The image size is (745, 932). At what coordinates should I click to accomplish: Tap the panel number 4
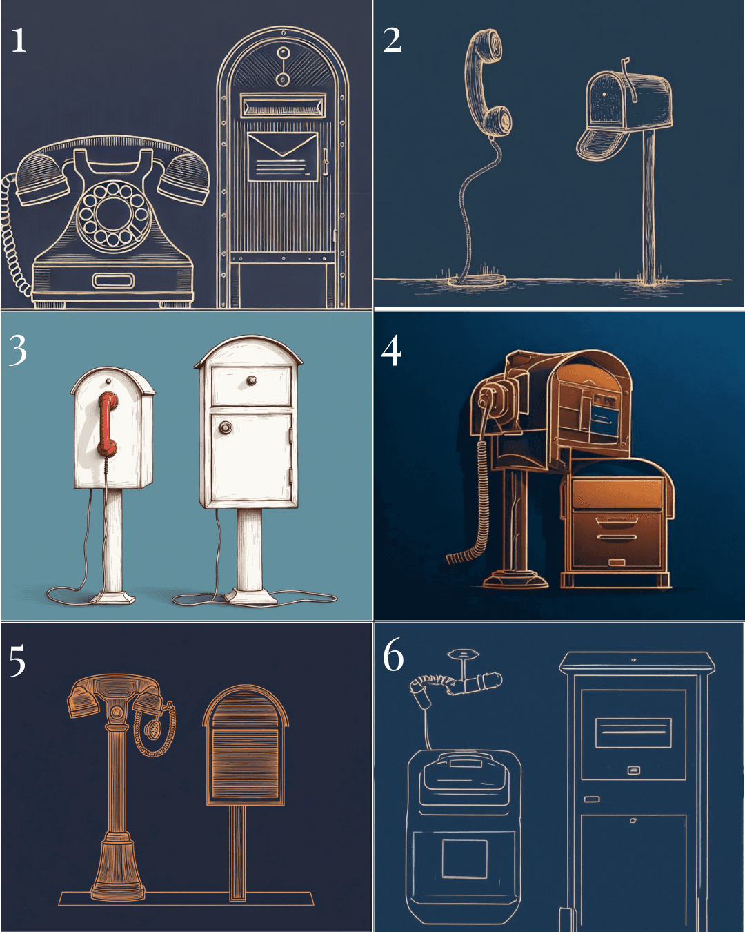click(391, 351)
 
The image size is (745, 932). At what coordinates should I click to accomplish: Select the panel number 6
click(393, 655)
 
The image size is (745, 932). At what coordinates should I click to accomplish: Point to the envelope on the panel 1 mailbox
click(282, 156)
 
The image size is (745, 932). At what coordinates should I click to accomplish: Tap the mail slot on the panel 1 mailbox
click(284, 106)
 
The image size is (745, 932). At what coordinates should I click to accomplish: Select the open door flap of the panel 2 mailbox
click(602, 142)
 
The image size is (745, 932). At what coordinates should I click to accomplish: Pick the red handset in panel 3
click(108, 424)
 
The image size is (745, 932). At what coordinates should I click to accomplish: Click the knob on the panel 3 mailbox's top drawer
click(252, 380)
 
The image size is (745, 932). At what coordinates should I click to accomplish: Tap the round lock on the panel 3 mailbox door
click(225, 428)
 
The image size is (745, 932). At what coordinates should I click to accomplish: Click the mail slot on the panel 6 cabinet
click(633, 732)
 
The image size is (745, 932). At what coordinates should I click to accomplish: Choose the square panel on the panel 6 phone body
click(464, 858)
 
